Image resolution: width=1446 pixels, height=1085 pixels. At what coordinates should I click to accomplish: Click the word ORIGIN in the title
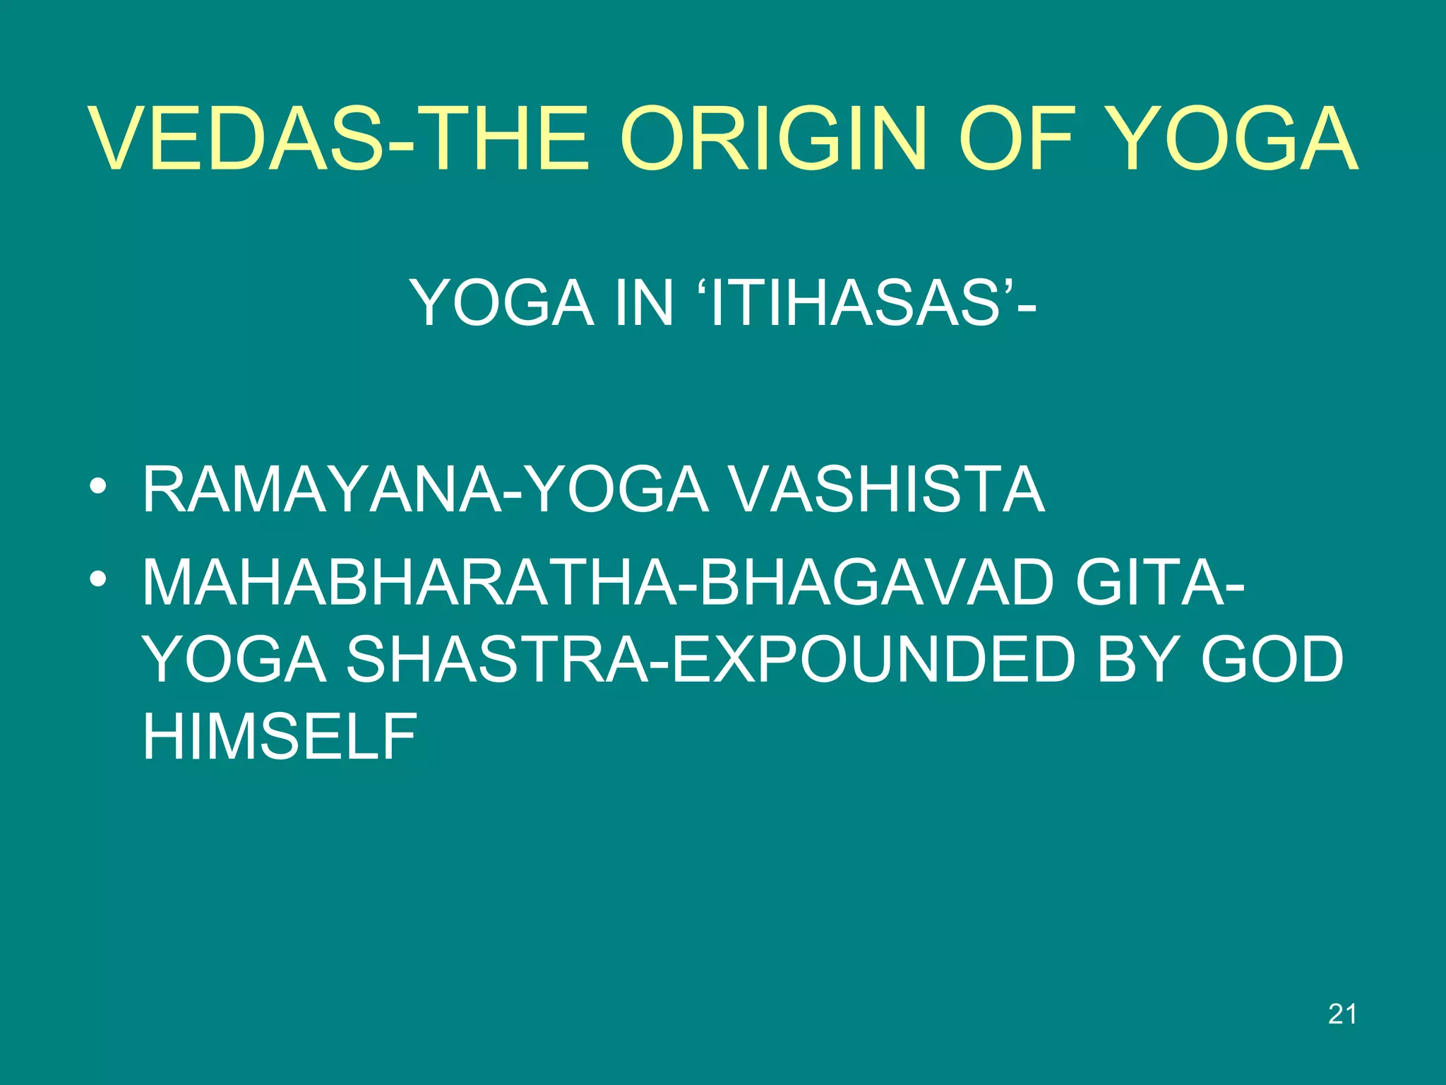coord(773,139)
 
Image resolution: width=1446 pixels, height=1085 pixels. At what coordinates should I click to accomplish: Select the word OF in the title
coord(1020,139)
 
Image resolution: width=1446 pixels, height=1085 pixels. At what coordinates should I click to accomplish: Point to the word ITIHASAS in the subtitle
coord(854,303)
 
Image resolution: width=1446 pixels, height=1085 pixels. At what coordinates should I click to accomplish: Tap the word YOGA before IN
coord(502,303)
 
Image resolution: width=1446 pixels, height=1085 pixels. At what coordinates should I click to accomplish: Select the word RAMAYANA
coord(322,490)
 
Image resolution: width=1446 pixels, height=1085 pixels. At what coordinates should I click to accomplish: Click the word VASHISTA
coord(885,490)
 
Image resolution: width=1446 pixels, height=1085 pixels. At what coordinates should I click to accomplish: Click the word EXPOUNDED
coord(873,660)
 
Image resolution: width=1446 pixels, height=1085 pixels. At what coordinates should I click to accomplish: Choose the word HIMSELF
coord(280,736)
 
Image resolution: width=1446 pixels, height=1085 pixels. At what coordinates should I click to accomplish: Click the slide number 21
coord(1342,1014)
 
